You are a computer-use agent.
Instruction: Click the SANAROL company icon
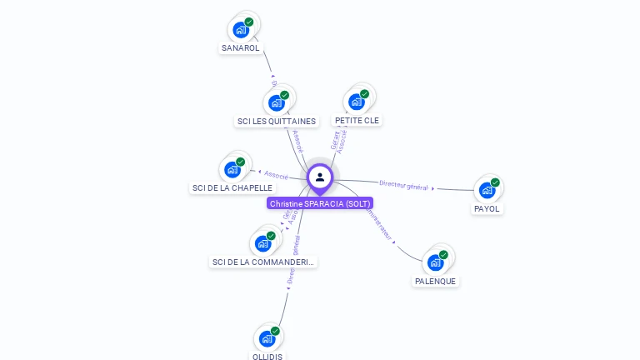(x=241, y=30)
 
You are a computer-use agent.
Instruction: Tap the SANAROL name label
(x=241, y=48)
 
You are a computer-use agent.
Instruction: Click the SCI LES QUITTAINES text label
(x=277, y=122)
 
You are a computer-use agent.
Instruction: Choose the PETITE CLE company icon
(x=357, y=102)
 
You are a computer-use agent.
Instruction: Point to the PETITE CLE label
(x=357, y=121)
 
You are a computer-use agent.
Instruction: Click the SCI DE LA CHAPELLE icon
(x=232, y=170)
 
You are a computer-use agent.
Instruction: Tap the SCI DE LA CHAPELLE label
(x=232, y=188)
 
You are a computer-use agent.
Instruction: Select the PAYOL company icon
(x=487, y=190)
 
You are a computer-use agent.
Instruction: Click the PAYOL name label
(x=487, y=209)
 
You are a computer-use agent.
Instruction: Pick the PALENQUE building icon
(x=435, y=262)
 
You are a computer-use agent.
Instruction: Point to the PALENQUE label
(x=435, y=282)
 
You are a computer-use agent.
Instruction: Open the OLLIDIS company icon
(x=267, y=338)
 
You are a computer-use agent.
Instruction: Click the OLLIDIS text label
(x=267, y=357)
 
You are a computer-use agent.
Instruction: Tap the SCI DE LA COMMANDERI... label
(x=263, y=262)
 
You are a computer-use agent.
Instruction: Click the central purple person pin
(x=320, y=177)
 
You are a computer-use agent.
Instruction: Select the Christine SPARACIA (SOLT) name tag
(x=320, y=203)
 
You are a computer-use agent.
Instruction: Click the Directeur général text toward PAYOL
(x=403, y=185)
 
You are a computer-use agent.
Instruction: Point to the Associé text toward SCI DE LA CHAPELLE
(x=276, y=175)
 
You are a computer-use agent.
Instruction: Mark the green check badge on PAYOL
(x=495, y=182)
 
